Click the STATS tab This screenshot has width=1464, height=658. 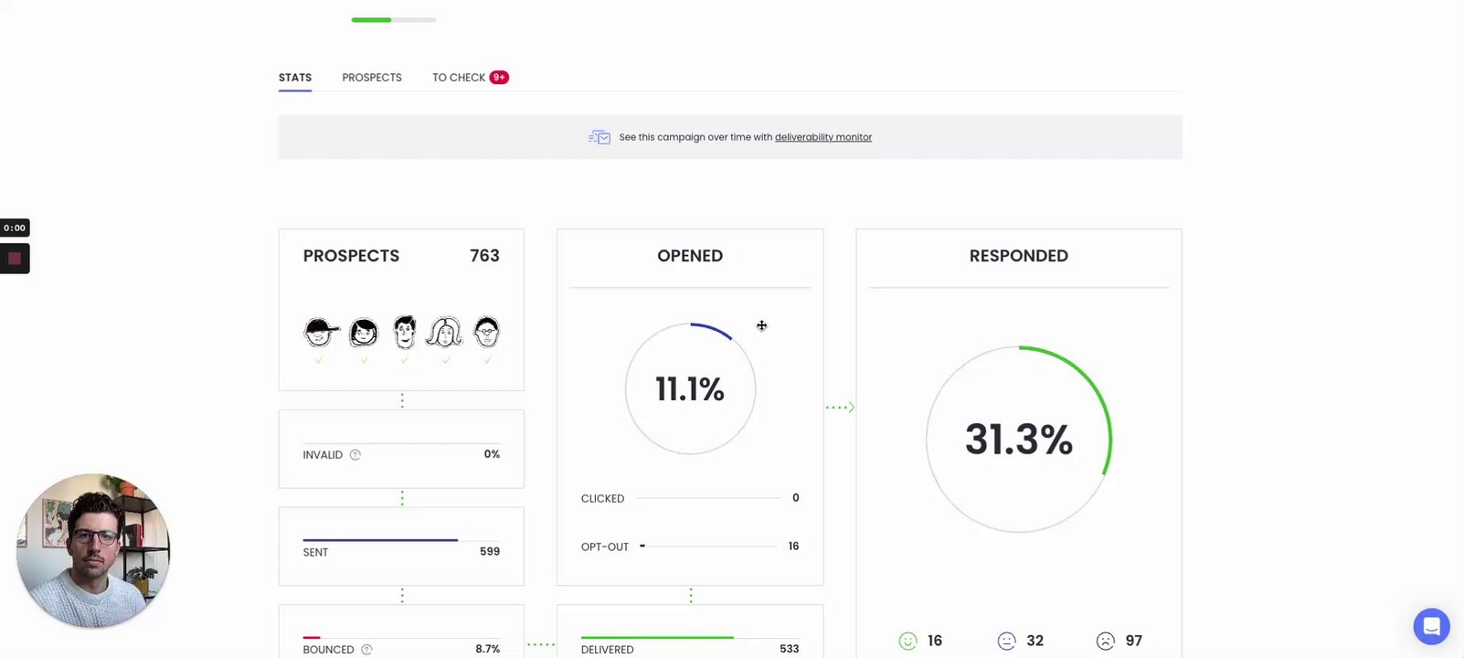295,78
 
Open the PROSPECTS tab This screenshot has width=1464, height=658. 372,78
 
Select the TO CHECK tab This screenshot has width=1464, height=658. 458,78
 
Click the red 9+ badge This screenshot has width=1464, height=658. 499,78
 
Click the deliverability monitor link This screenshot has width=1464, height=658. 822,137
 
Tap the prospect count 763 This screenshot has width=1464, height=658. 484,256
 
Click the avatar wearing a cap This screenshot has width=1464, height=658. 320,333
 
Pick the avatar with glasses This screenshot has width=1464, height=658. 487,333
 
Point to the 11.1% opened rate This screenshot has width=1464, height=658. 690,389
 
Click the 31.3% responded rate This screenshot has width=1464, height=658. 1018,440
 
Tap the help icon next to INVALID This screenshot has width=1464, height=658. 355,455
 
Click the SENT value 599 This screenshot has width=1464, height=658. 490,552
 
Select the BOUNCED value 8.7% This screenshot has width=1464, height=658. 487,649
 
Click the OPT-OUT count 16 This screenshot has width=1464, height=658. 793,547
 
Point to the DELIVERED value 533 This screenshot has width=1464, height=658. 789,649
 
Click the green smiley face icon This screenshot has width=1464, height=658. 907,642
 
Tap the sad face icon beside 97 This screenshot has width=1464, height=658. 1106,642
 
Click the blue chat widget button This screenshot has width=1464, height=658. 1431,627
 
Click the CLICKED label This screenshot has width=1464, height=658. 602,499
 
